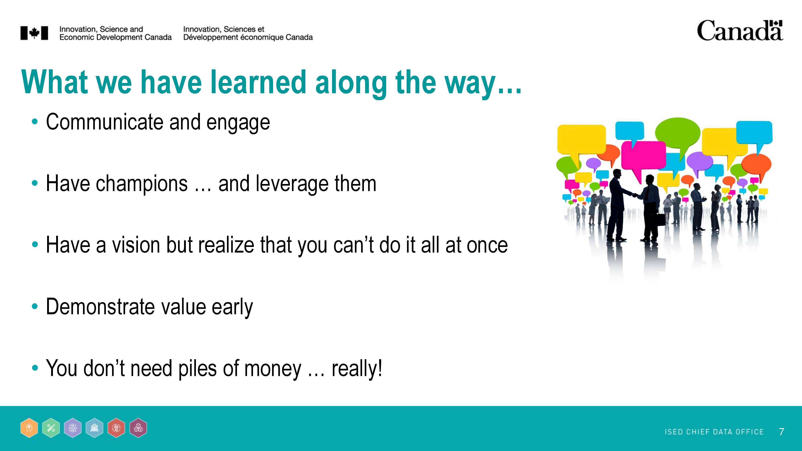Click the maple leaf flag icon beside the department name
[x=34, y=33]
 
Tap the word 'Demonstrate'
[x=100, y=307]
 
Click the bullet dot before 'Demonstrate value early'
[x=35, y=307]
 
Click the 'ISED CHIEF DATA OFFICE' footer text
[x=714, y=432]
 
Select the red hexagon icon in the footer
[x=116, y=428]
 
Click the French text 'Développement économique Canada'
[x=248, y=37]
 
